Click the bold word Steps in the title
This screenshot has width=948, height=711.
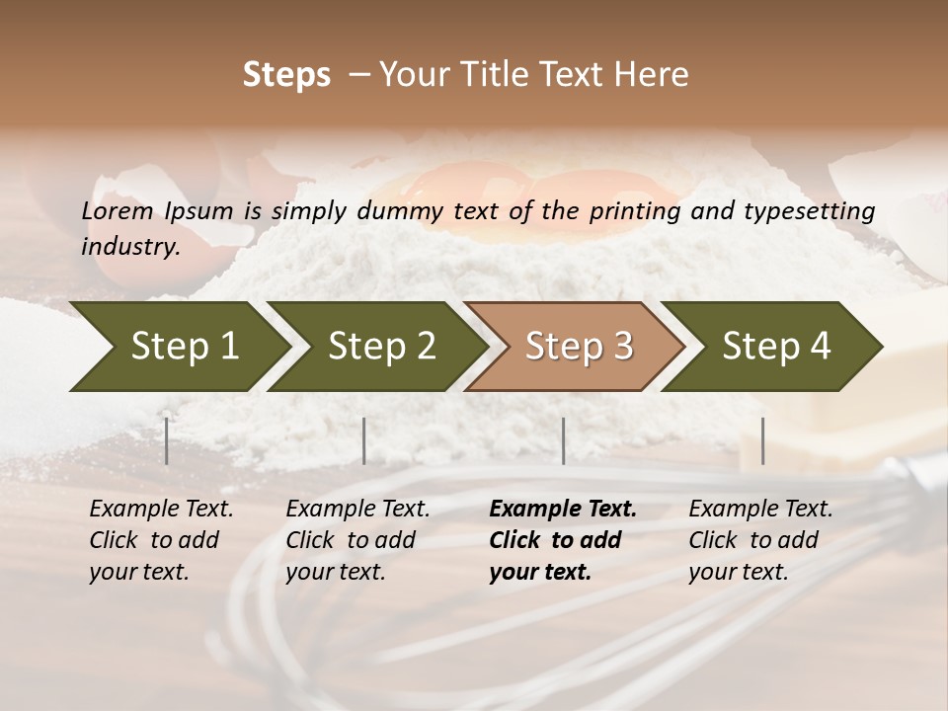coord(286,75)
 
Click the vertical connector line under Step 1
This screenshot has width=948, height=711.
coord(167,440)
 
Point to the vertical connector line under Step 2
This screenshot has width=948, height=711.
coord(364,440)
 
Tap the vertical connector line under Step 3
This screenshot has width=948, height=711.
coord(563,440)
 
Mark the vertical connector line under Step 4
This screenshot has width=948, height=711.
coord(762,440)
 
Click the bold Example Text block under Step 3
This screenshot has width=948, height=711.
coord(563,540)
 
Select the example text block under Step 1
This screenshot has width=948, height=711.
coord(161,540)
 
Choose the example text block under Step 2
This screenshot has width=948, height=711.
coord(357,540)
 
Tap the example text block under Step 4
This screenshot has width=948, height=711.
coord(760,540)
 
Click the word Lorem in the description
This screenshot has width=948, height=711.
coord(117,210)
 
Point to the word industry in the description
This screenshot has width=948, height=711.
coord(129,246)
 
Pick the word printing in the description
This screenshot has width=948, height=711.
coord(635,210)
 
